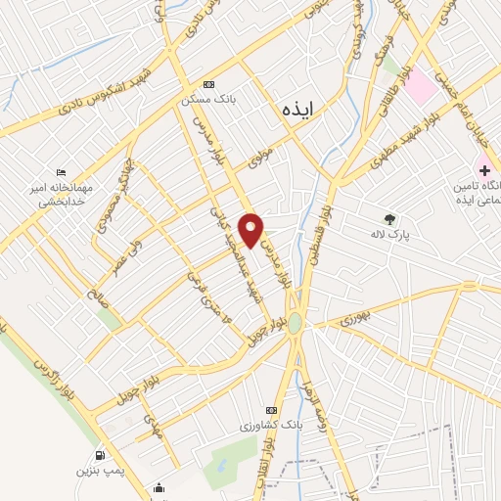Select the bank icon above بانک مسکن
[x=207, y=85]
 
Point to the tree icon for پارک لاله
[x=391, y=219]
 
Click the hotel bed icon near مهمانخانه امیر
[x=62, y=173]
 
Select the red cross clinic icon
[x=484, y=170]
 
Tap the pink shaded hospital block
[x=422, y=87]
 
